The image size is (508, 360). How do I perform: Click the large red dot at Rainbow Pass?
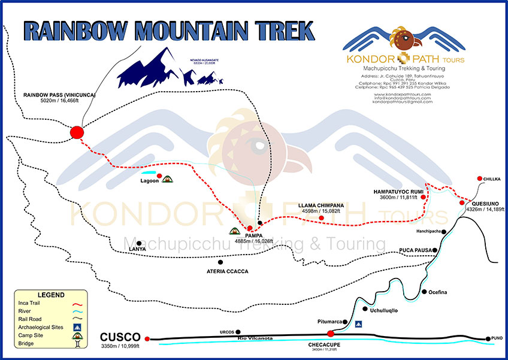[77, 132]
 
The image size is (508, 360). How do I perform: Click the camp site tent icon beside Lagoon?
[168, 179]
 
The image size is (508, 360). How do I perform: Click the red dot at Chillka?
[480, 179]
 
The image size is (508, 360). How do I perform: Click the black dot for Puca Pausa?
[436, 250]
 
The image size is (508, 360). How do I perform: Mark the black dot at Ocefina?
[424, 292]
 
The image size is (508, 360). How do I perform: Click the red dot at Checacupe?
[330, 333]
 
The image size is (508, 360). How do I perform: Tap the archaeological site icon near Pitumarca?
[358, 323]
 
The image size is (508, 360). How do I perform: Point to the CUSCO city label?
[120, 337]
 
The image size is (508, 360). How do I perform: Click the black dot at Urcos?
[238, 331]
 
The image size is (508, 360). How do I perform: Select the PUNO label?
[497, 338]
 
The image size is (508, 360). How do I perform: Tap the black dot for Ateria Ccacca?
[220, 262]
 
